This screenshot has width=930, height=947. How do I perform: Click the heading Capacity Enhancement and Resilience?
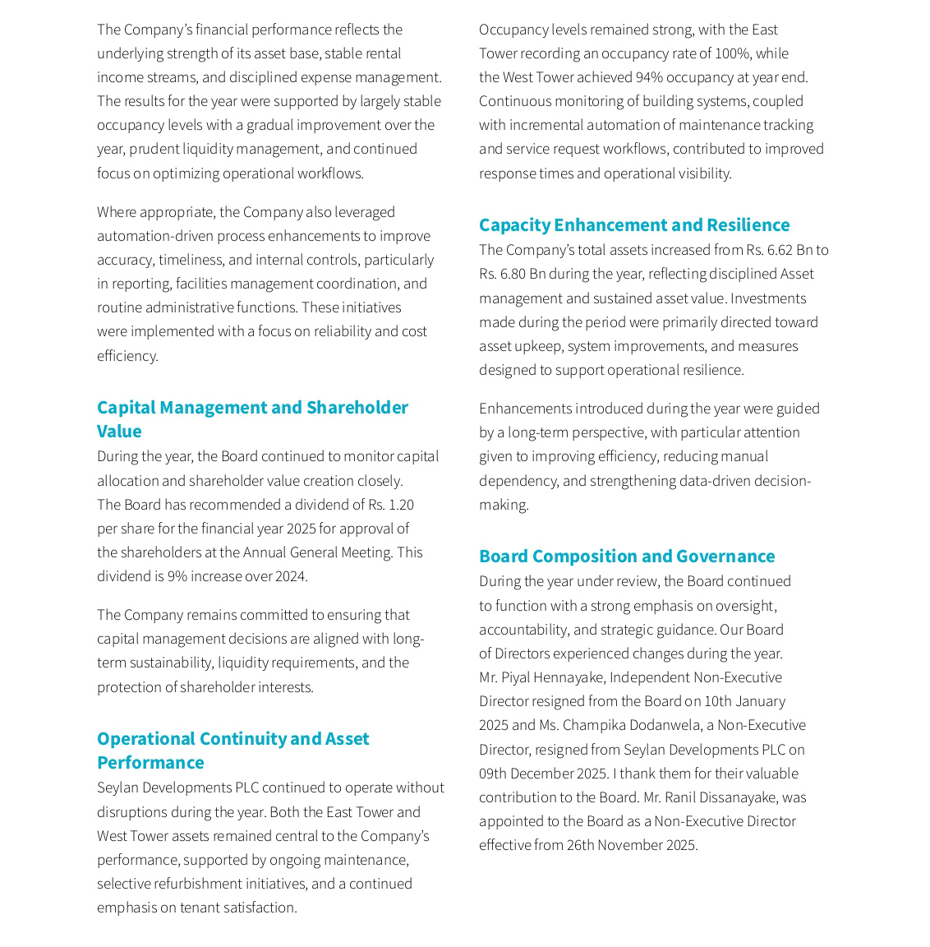pyautogui.click(x=633, y=224)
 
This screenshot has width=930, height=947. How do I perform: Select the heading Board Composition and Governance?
pyautogui.click(x=626, y=556)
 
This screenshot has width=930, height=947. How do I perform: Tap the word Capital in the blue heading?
pyautogui.click(x=126, y=408)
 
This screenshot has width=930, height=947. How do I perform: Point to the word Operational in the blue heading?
pyautogui.click(x=145, y=738)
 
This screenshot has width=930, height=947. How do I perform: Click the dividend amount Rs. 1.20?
pyautogui.click(x=390, y=504)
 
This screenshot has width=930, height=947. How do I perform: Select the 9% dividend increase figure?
pyautogui.click(x=177, y=576)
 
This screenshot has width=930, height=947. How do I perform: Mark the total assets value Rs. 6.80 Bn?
pyautogui.click(x=513, y=274)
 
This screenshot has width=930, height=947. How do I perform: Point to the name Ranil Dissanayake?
pyautogui.click(x=720, y=797)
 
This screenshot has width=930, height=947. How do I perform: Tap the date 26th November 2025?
pyautogui.click(x=631, y=845)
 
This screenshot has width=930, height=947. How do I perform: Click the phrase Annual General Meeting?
pyautogui.click(x=316, y=552)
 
